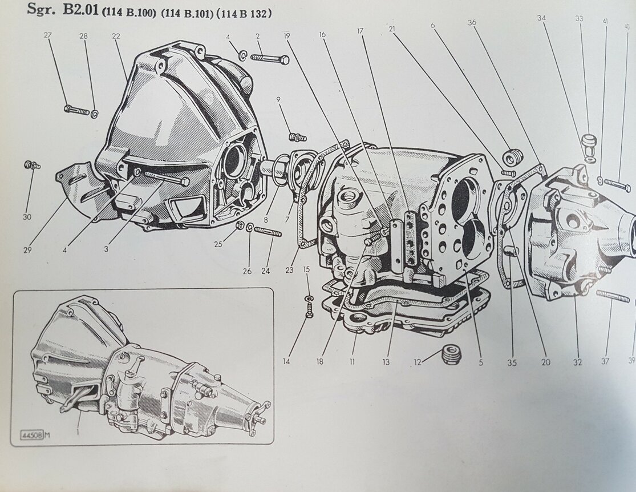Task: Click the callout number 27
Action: pos(47,35)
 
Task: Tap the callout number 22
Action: pos(116,35)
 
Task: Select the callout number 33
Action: pos(580,18)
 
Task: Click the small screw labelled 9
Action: pos(297,137)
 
